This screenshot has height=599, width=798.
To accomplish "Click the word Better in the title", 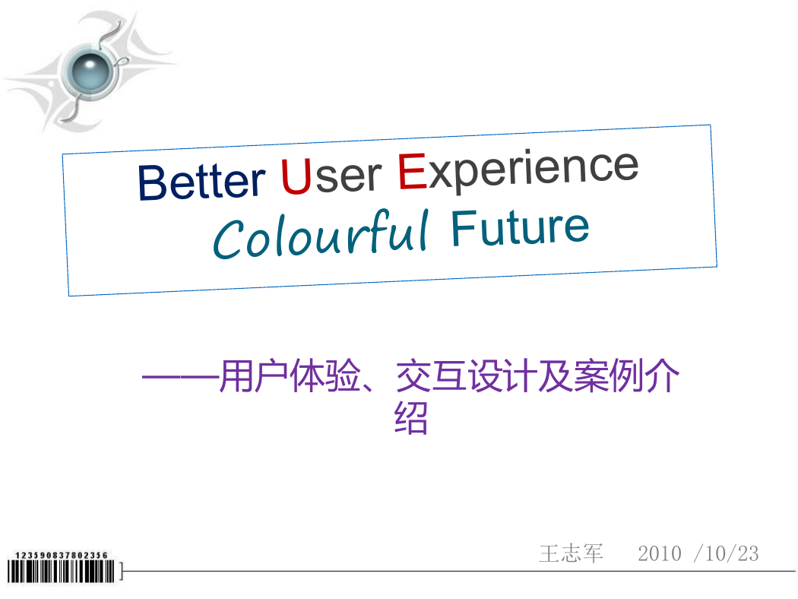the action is pos(201,181).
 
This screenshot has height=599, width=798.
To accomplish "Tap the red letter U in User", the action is pos(296,176).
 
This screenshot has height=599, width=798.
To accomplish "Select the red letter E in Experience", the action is pos(412,172).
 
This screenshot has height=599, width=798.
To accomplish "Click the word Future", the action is pos(520,228).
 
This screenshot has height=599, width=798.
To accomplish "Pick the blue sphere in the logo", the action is pos(90,72).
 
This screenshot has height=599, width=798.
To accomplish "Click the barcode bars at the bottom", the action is pos(61,572).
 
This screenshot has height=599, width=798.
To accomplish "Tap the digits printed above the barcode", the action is pos(61,555).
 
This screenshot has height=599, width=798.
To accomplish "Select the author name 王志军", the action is pos(571,553).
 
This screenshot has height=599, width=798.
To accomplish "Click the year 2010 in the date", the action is pos(660,553).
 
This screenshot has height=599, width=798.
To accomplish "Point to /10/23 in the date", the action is pos(727,553).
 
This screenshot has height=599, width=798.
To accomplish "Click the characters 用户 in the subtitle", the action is pos(254,376).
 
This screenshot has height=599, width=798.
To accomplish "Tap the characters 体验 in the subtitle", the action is pos(325,376).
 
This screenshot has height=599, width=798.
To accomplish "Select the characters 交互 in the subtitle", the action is pos(431,376).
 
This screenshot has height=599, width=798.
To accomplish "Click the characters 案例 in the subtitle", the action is pos(609,376).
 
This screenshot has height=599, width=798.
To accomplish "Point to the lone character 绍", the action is pos(410,418).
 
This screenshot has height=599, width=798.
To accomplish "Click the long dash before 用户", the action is pos(180,377).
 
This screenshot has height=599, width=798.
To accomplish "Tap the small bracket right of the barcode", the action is pos(121,571).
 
